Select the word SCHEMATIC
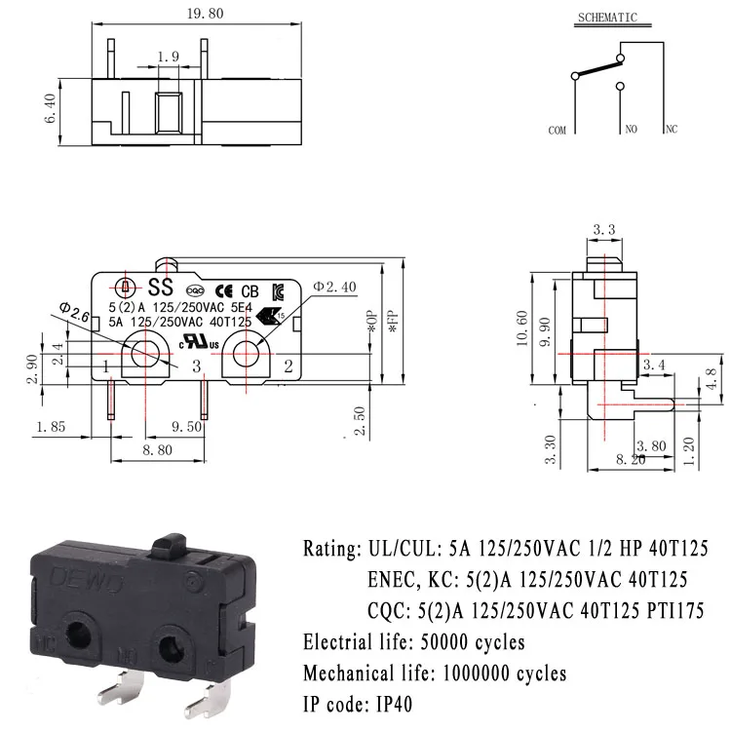[607, 18]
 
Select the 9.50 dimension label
[186, 426]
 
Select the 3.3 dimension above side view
[603, 231]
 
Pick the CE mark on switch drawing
[223, 290]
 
